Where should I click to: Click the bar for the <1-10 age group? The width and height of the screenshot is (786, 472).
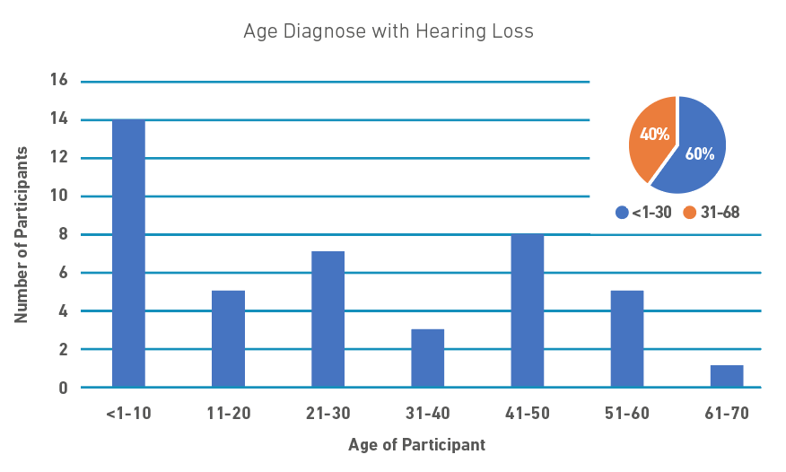pos(128,253)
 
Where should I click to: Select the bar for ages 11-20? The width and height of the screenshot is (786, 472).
pos(228,339)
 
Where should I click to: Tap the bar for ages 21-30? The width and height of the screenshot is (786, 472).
pos(327,319)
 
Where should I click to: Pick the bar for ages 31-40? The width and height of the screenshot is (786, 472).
pos(427,358)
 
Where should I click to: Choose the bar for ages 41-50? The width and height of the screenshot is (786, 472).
pos(527,310)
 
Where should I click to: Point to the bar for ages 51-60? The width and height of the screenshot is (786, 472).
pos(626,339)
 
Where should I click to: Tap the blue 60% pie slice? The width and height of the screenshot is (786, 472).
pos(698,148)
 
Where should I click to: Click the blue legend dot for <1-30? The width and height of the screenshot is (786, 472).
pos(622,214)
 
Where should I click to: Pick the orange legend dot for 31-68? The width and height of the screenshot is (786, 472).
pos(689,214)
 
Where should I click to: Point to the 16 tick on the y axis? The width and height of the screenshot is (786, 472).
pos(59,82)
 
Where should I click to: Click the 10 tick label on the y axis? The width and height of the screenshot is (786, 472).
pos(59,197)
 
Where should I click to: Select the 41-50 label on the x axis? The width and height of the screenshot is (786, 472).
pos(527,415)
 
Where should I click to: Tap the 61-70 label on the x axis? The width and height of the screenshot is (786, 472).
pos(726,415)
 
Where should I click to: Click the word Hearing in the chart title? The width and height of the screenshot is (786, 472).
pos(440,32)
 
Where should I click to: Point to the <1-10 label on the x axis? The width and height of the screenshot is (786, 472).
pos(128,415)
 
